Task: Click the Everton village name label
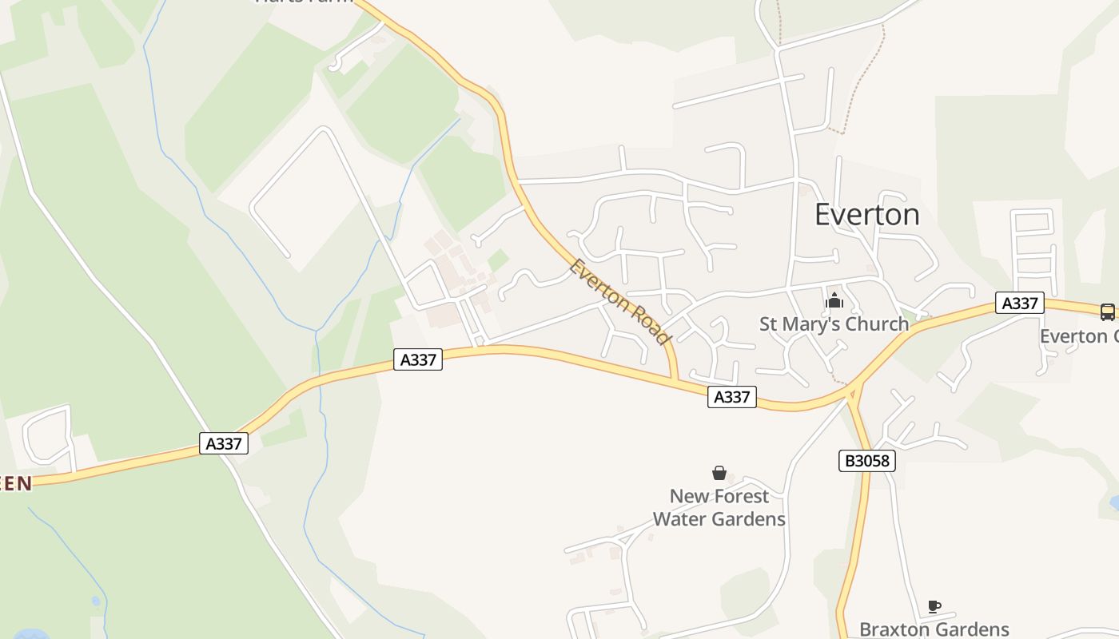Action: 867,215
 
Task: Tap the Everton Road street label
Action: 619,301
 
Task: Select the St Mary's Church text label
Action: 834,323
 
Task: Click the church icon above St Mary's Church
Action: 834,301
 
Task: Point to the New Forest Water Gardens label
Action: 719,507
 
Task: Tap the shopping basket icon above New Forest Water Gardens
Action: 719,473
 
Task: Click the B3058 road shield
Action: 867,460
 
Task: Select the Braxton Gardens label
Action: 934,629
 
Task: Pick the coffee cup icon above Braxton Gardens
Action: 934,607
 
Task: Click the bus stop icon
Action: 1107,312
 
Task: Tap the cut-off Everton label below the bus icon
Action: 1078,336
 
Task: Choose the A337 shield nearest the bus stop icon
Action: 1020,303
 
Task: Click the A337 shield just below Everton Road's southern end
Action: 731,396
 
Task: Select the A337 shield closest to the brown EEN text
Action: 224,443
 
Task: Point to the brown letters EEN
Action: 16,483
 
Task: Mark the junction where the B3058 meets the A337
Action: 854,391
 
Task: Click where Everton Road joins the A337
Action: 675,379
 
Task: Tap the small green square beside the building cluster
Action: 498,260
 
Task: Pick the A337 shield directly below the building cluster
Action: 418,359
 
